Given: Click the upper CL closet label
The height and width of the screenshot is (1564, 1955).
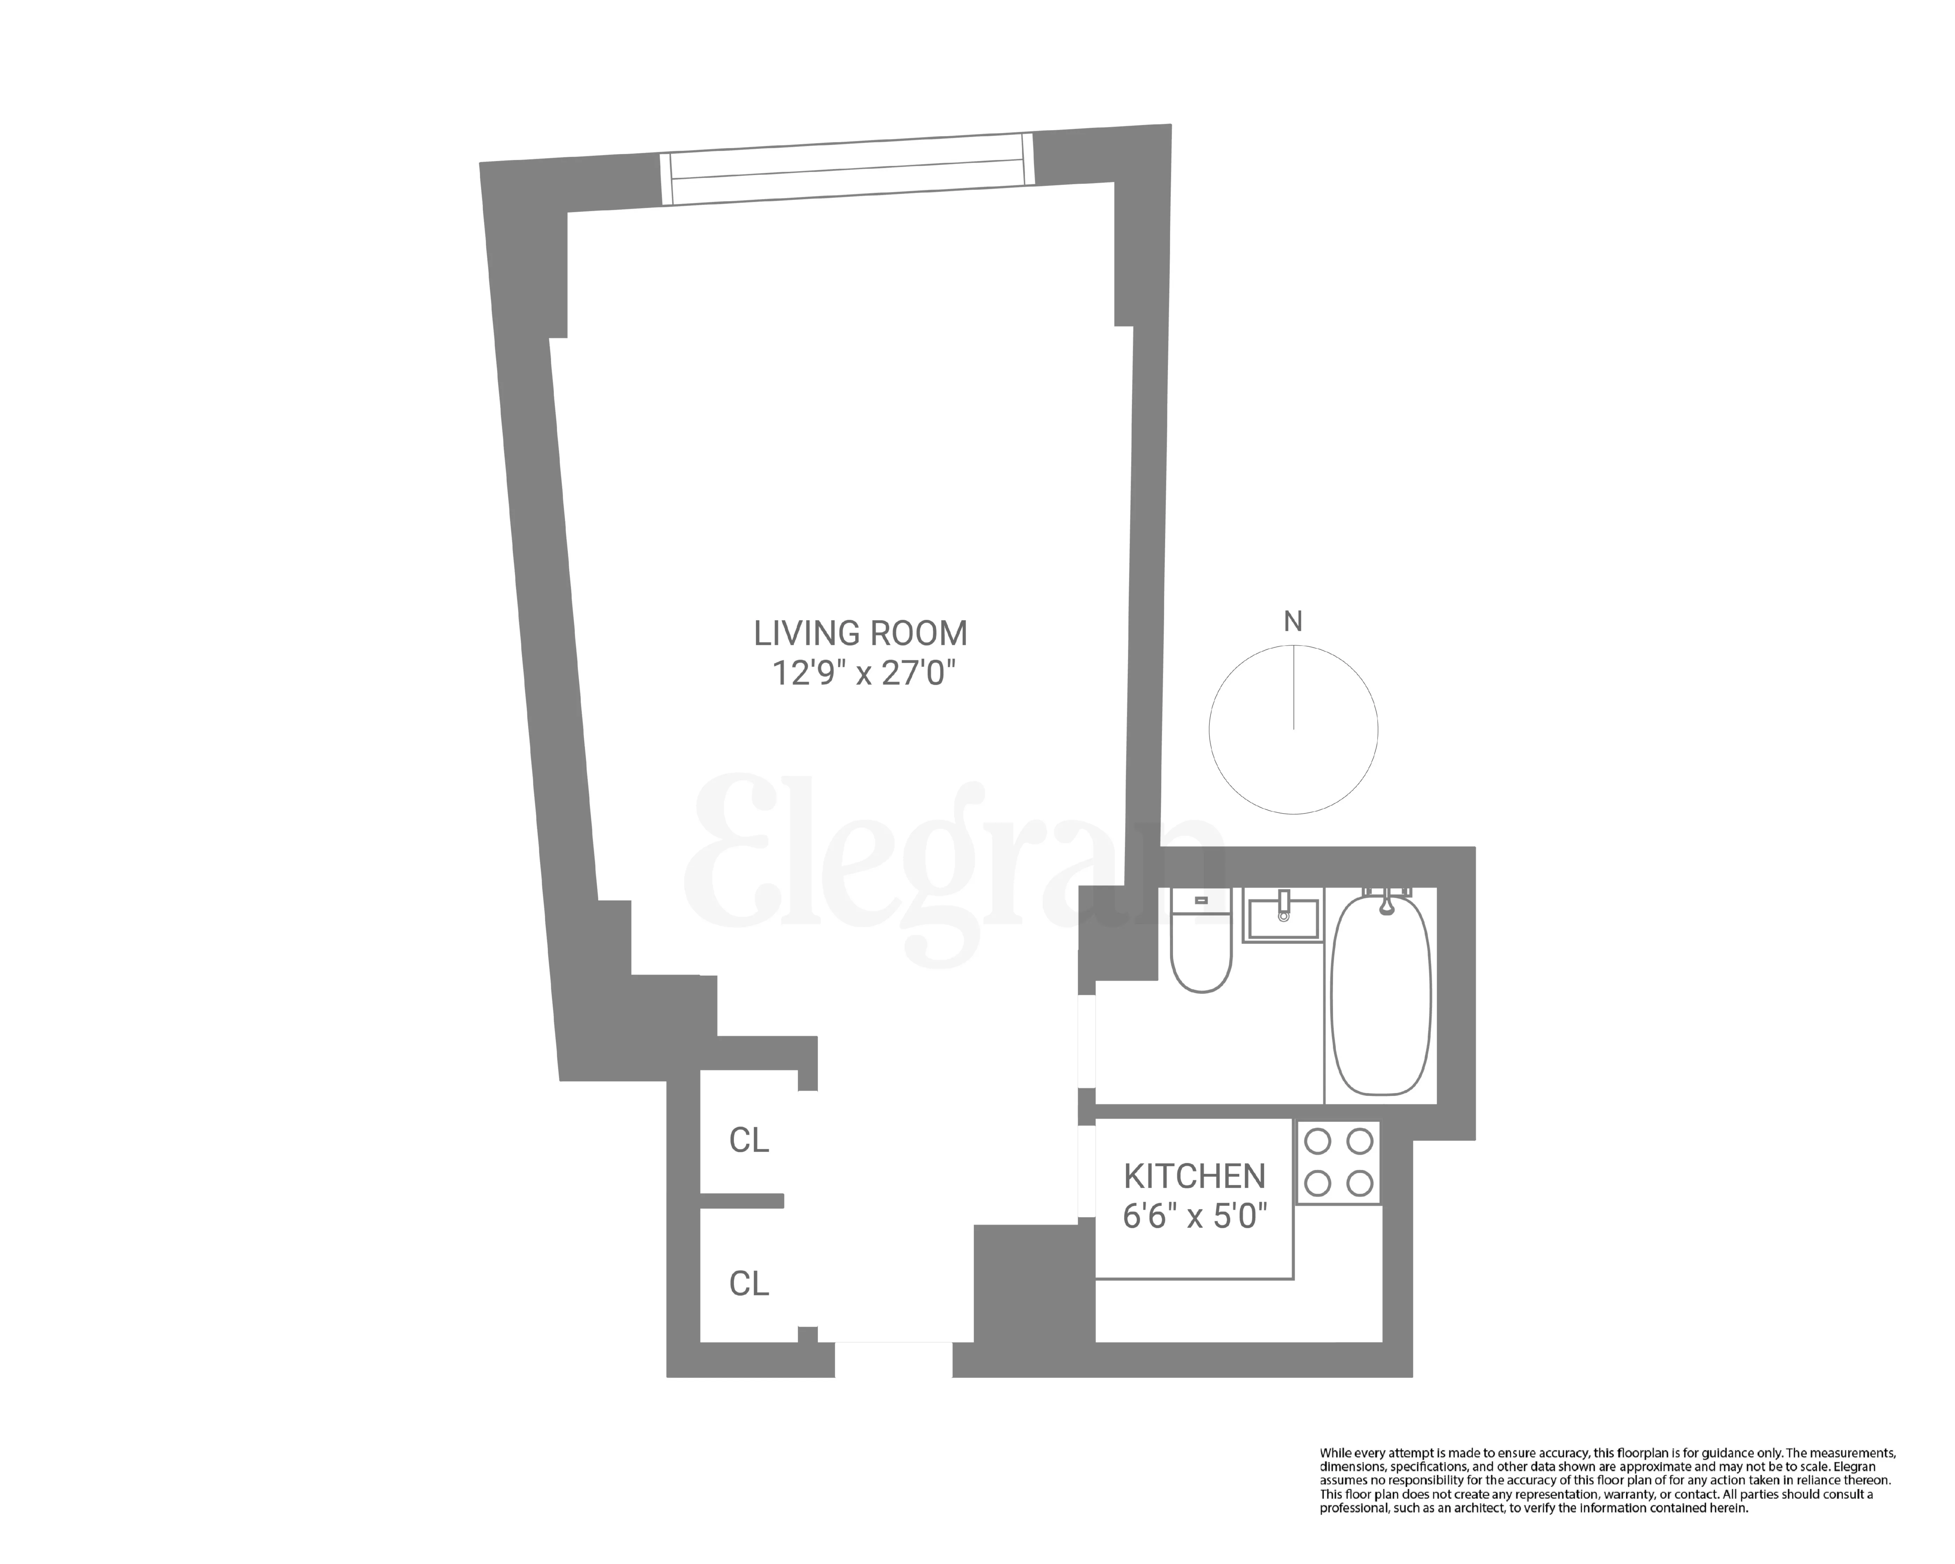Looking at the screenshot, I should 749,1140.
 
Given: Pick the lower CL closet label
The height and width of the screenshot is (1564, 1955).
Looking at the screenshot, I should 749,1283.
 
